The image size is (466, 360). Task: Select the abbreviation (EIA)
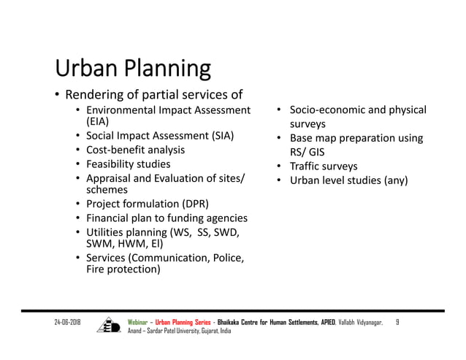click(99, 122)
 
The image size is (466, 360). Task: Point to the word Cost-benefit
click(117, 150)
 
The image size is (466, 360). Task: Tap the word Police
click(227, 258)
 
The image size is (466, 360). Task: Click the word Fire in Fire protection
click(96, 269)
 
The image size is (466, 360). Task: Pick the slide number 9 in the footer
click(398, 322)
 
